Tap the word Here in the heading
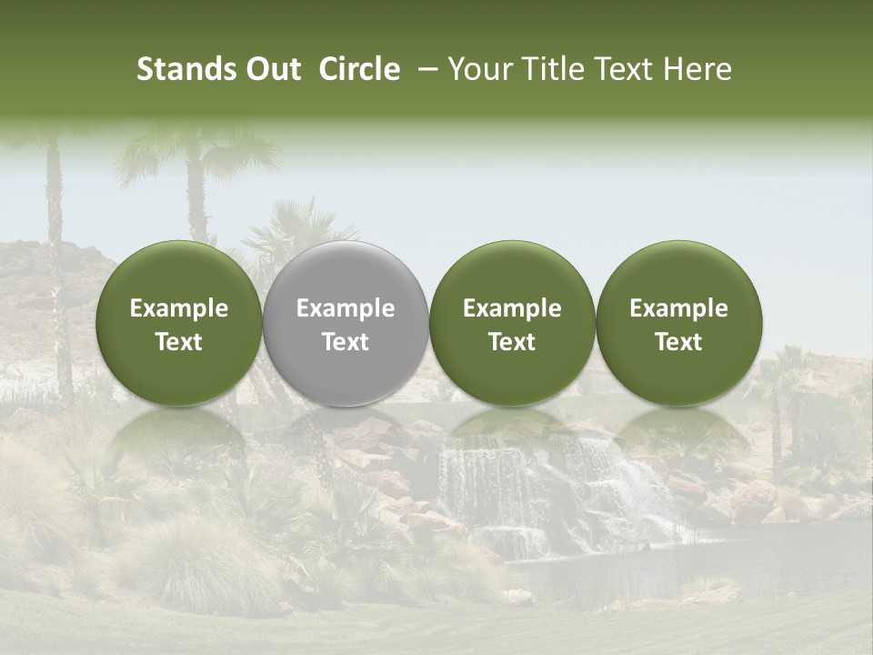(696, 69)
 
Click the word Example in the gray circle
(346, 308)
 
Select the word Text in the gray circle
(346, 342)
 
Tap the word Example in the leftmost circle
(179, 308)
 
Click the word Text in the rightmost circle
(678, 342)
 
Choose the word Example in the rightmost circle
(678, 308)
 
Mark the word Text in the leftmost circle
(179, 342)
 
